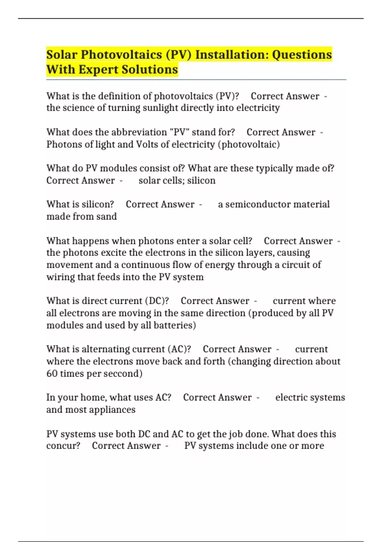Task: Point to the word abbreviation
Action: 139,132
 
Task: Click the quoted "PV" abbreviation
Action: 179,132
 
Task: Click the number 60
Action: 52,373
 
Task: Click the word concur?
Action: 63,446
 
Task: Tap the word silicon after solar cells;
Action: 201,180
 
